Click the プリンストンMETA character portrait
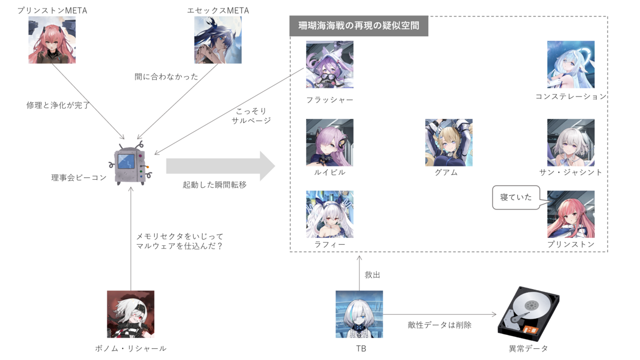tap(52, 40)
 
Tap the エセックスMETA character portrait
tap(218, 40)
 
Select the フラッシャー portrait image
tap(330, 65)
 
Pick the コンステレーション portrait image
tap(571, 65)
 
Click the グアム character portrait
tap(449, 142)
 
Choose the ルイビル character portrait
tap(330, 142)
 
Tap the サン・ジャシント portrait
tap(571, 142)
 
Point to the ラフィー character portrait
tap(330, 214)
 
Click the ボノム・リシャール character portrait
tap(131, 314)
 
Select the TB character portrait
tap(359, 314)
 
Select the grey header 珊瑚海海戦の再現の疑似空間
tap(358, 26)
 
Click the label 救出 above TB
tap(372, 275)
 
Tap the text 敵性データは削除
tap(439, 324)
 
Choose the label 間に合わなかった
tap(166, 77)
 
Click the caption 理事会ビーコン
tap(79, 177)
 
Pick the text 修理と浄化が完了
tap(58, 105)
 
